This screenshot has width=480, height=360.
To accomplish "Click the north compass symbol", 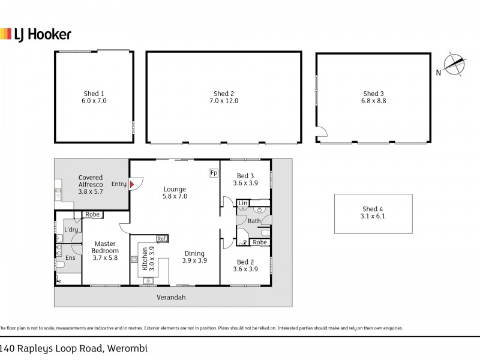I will (x=455, y=65).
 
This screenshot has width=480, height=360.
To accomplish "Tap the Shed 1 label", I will (x=94, y=94).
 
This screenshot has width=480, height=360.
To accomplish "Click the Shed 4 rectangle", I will (x=373, y=214).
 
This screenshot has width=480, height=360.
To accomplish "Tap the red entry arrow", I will (x=131, y=184).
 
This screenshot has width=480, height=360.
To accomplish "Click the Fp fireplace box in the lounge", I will (x=214, y=173).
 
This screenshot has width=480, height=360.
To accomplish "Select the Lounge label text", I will (x=175, y=190).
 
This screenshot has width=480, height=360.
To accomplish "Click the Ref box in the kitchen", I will (x=161, y=239).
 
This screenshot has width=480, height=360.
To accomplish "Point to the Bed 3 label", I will (x=245, y=175).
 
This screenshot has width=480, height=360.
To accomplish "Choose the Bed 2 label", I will (x=245, y=262).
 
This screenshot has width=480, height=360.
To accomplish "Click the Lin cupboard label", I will (x=242, y=204).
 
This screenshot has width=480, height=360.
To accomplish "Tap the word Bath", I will (x=254, y=221).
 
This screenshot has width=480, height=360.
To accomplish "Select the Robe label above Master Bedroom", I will (x=92, y=214).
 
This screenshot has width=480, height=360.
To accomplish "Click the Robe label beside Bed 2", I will (x=259, y=242).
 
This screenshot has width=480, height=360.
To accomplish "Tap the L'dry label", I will (x=71, y=230).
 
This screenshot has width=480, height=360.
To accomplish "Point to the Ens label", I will (x=70, y=257).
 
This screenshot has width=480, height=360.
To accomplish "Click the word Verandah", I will (x=172, y=297).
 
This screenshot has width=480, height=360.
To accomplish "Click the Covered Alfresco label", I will (x=91, y=181).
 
